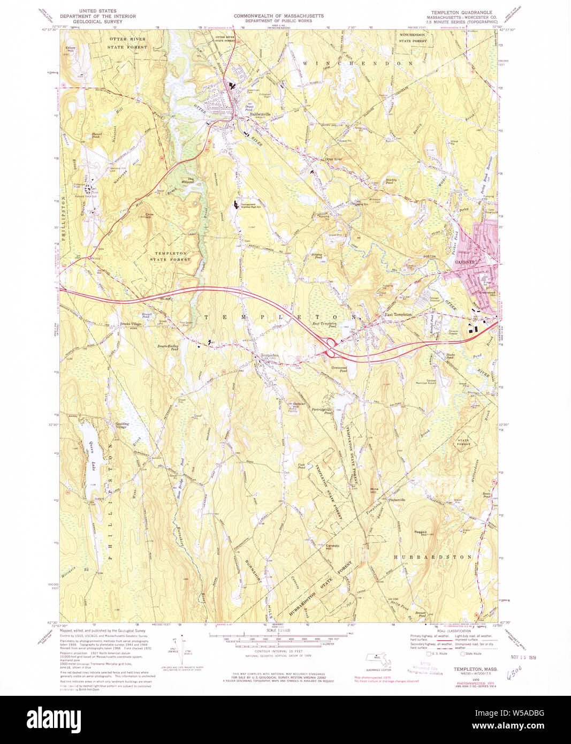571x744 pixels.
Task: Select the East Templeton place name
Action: tap(398, 315)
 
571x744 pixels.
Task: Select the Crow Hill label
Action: tap(149, 216)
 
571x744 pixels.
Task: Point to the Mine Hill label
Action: tap(375, 490)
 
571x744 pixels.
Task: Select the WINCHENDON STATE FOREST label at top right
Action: tap(413, 37)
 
